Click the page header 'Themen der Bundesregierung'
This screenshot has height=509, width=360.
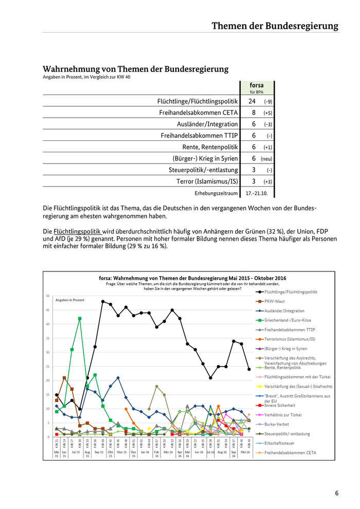(x=275, y=26)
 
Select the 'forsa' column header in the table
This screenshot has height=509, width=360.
(x=256, y=85)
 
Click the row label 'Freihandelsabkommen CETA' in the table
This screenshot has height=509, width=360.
(x=199, y=112)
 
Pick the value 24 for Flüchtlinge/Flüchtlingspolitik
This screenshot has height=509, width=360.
(x=252, y=101)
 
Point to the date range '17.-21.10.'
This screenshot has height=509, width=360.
(x=257, y=193)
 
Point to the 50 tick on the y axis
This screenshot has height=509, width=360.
(x=47, y=296)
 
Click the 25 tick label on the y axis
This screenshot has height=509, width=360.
(x=47, y=367)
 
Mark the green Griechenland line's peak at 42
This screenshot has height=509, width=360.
(x=80, y=319)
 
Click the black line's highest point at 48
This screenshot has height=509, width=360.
(x=103, y=302)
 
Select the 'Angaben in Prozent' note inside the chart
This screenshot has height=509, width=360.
(x=69, y=299)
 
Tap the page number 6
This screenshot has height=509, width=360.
(x=337, y=493)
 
